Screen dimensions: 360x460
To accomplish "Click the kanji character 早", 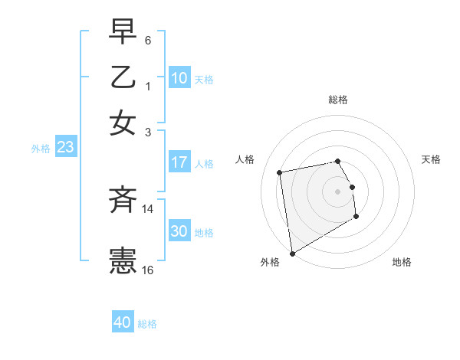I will [123, 31].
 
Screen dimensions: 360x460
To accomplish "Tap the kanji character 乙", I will [123, 77].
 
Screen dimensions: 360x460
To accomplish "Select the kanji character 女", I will [123, 123].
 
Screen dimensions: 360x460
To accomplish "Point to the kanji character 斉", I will [123, 201].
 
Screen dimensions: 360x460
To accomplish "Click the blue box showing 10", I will [179, 78].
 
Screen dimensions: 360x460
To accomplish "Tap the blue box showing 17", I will [179, 162].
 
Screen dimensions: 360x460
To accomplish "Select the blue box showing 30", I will [179, 231].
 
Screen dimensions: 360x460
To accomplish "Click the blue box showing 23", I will [65, 148].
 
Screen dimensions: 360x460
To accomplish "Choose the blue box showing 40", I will [123, 322].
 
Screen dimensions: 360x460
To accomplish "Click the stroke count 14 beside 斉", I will [148, 208].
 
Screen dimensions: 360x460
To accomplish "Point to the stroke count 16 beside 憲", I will [148, 270].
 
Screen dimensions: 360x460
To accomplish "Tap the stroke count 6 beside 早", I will [148, 40].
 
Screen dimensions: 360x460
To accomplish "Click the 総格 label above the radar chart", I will [337, 100].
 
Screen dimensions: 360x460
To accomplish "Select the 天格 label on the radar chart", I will [431, 159].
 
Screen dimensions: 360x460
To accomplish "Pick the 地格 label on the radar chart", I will [402, 262].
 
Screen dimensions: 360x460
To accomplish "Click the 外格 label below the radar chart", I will [270, 262].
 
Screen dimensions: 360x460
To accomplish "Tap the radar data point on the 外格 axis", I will [292, 253].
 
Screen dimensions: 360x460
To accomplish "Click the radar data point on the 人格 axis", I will [281, 172].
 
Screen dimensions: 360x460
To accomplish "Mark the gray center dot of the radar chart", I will [337, 191].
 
